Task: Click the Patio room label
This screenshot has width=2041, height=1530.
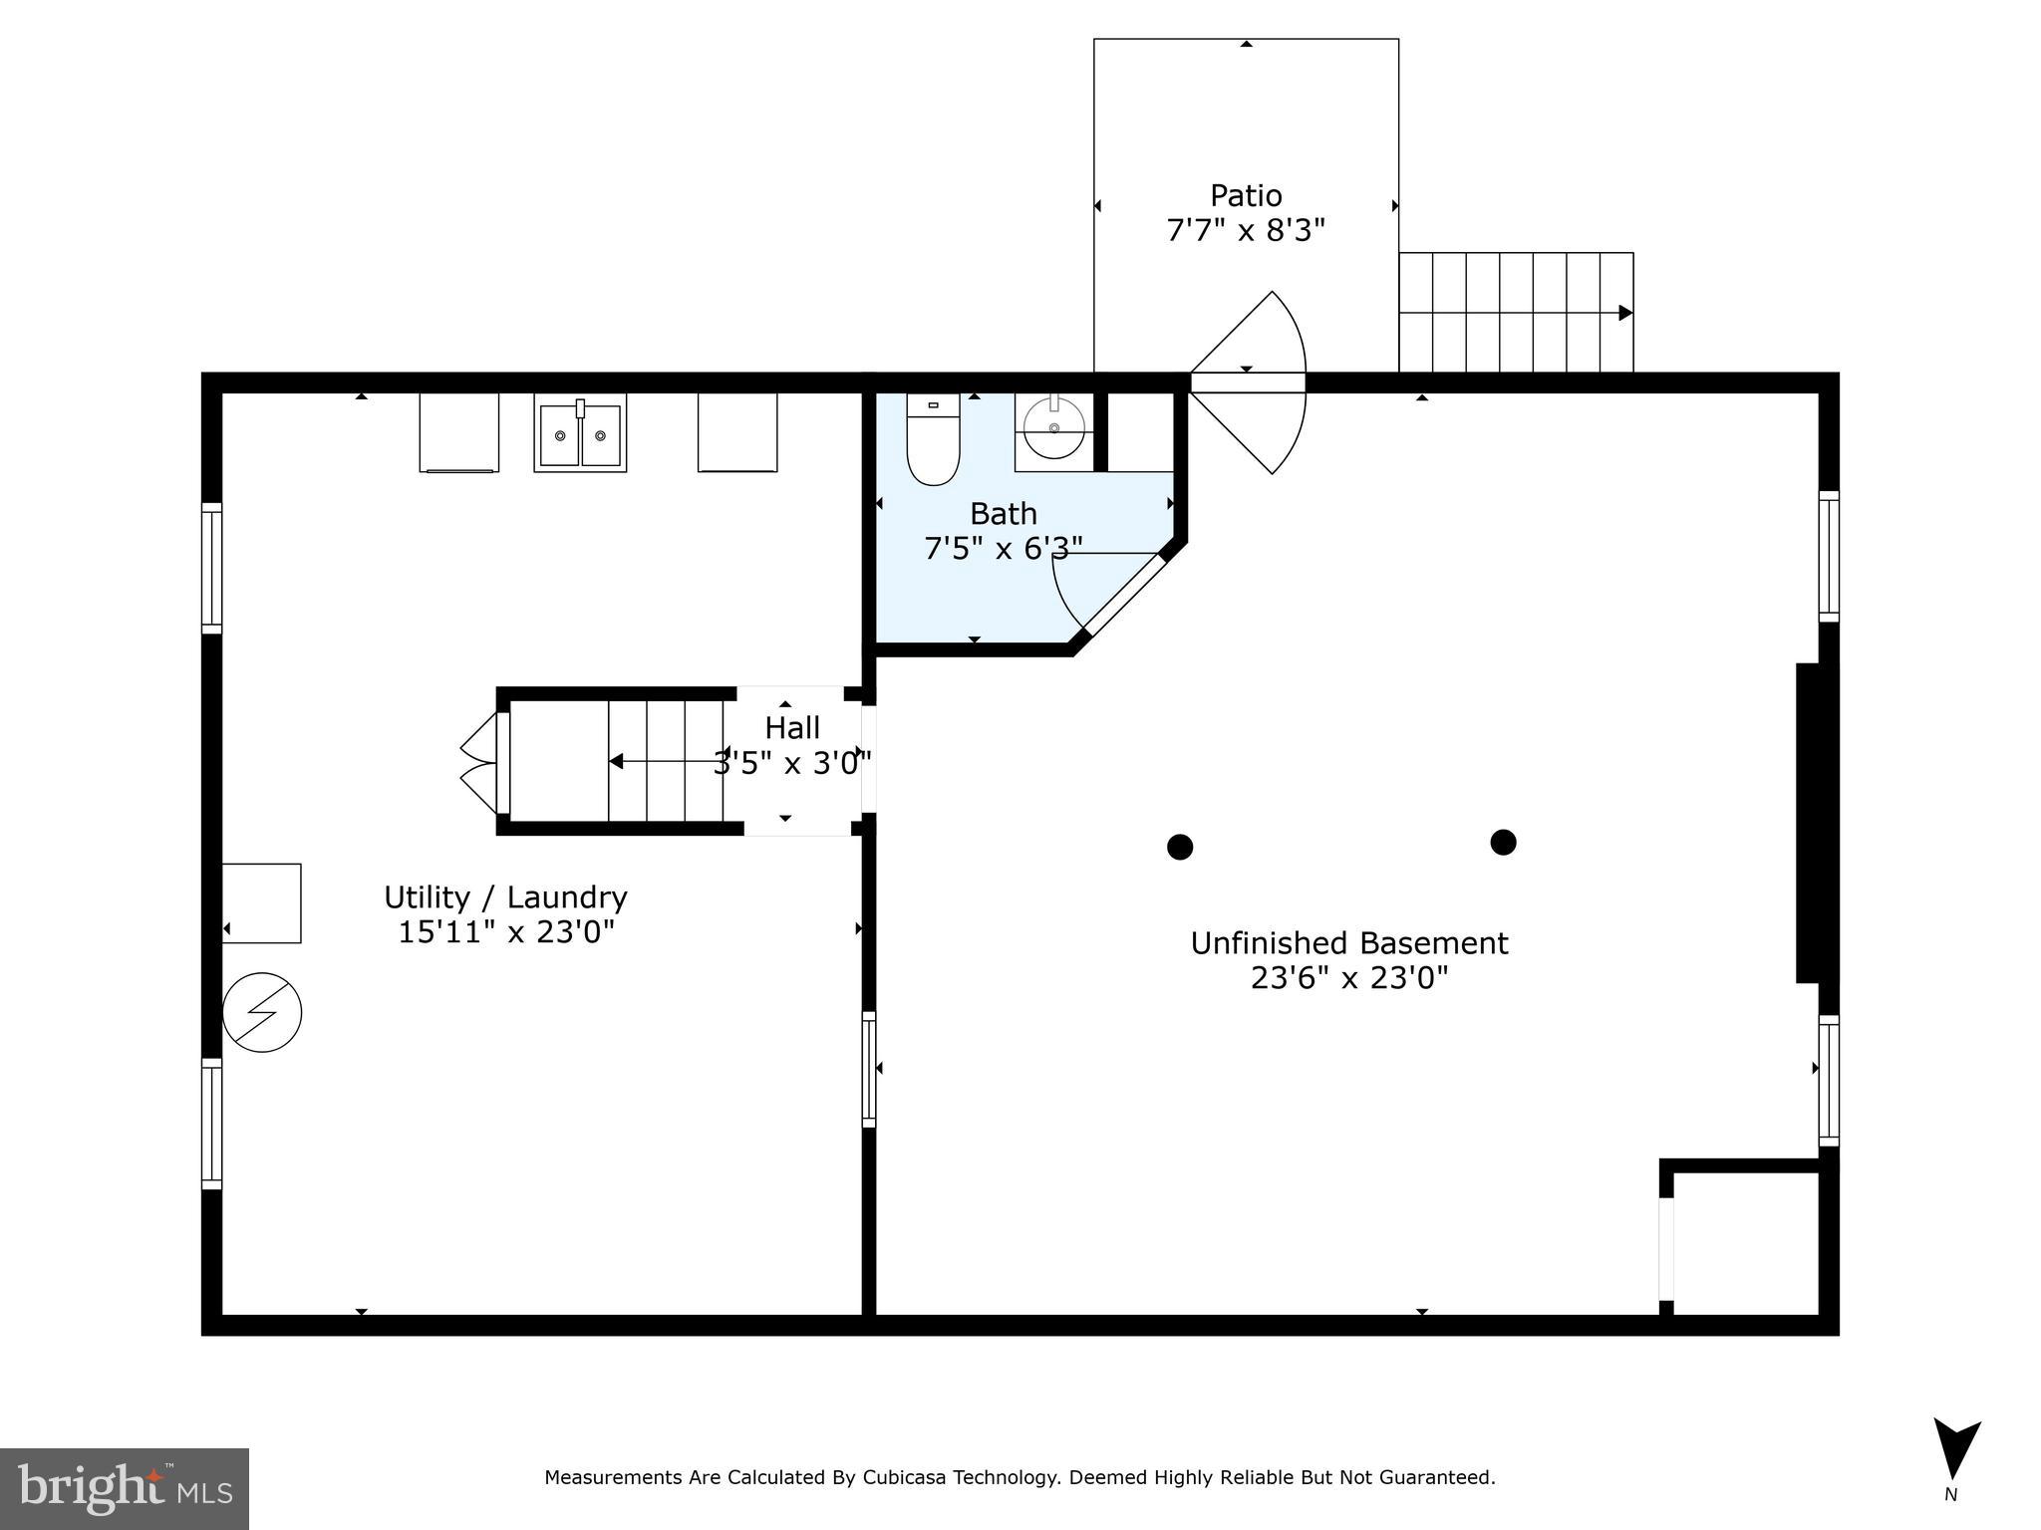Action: pos(1246,195)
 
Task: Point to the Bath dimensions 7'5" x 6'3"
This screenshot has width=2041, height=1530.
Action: pos(1003,549)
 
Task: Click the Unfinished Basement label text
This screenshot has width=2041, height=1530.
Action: pos(1349,943)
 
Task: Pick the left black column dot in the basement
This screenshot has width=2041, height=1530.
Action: pos(1180,847)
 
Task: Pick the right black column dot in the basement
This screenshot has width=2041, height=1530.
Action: pos(1503,843)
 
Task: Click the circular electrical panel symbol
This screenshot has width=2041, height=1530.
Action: pos(262,1013)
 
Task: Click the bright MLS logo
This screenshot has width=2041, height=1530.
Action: pos(124,1488)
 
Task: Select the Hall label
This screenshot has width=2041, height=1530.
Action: pos(792,728)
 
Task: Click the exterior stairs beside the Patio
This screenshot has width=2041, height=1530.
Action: pos(1515,313)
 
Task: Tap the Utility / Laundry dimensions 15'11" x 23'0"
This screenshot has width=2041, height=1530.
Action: pos(506,932)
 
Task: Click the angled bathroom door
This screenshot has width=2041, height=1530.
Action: pos(1123,595)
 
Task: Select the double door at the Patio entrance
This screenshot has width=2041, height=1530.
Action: pos(1248,382)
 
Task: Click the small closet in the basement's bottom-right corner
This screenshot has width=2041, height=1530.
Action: pos(1746,1242)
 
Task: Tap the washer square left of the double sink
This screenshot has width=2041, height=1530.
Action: pos(459,432)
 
